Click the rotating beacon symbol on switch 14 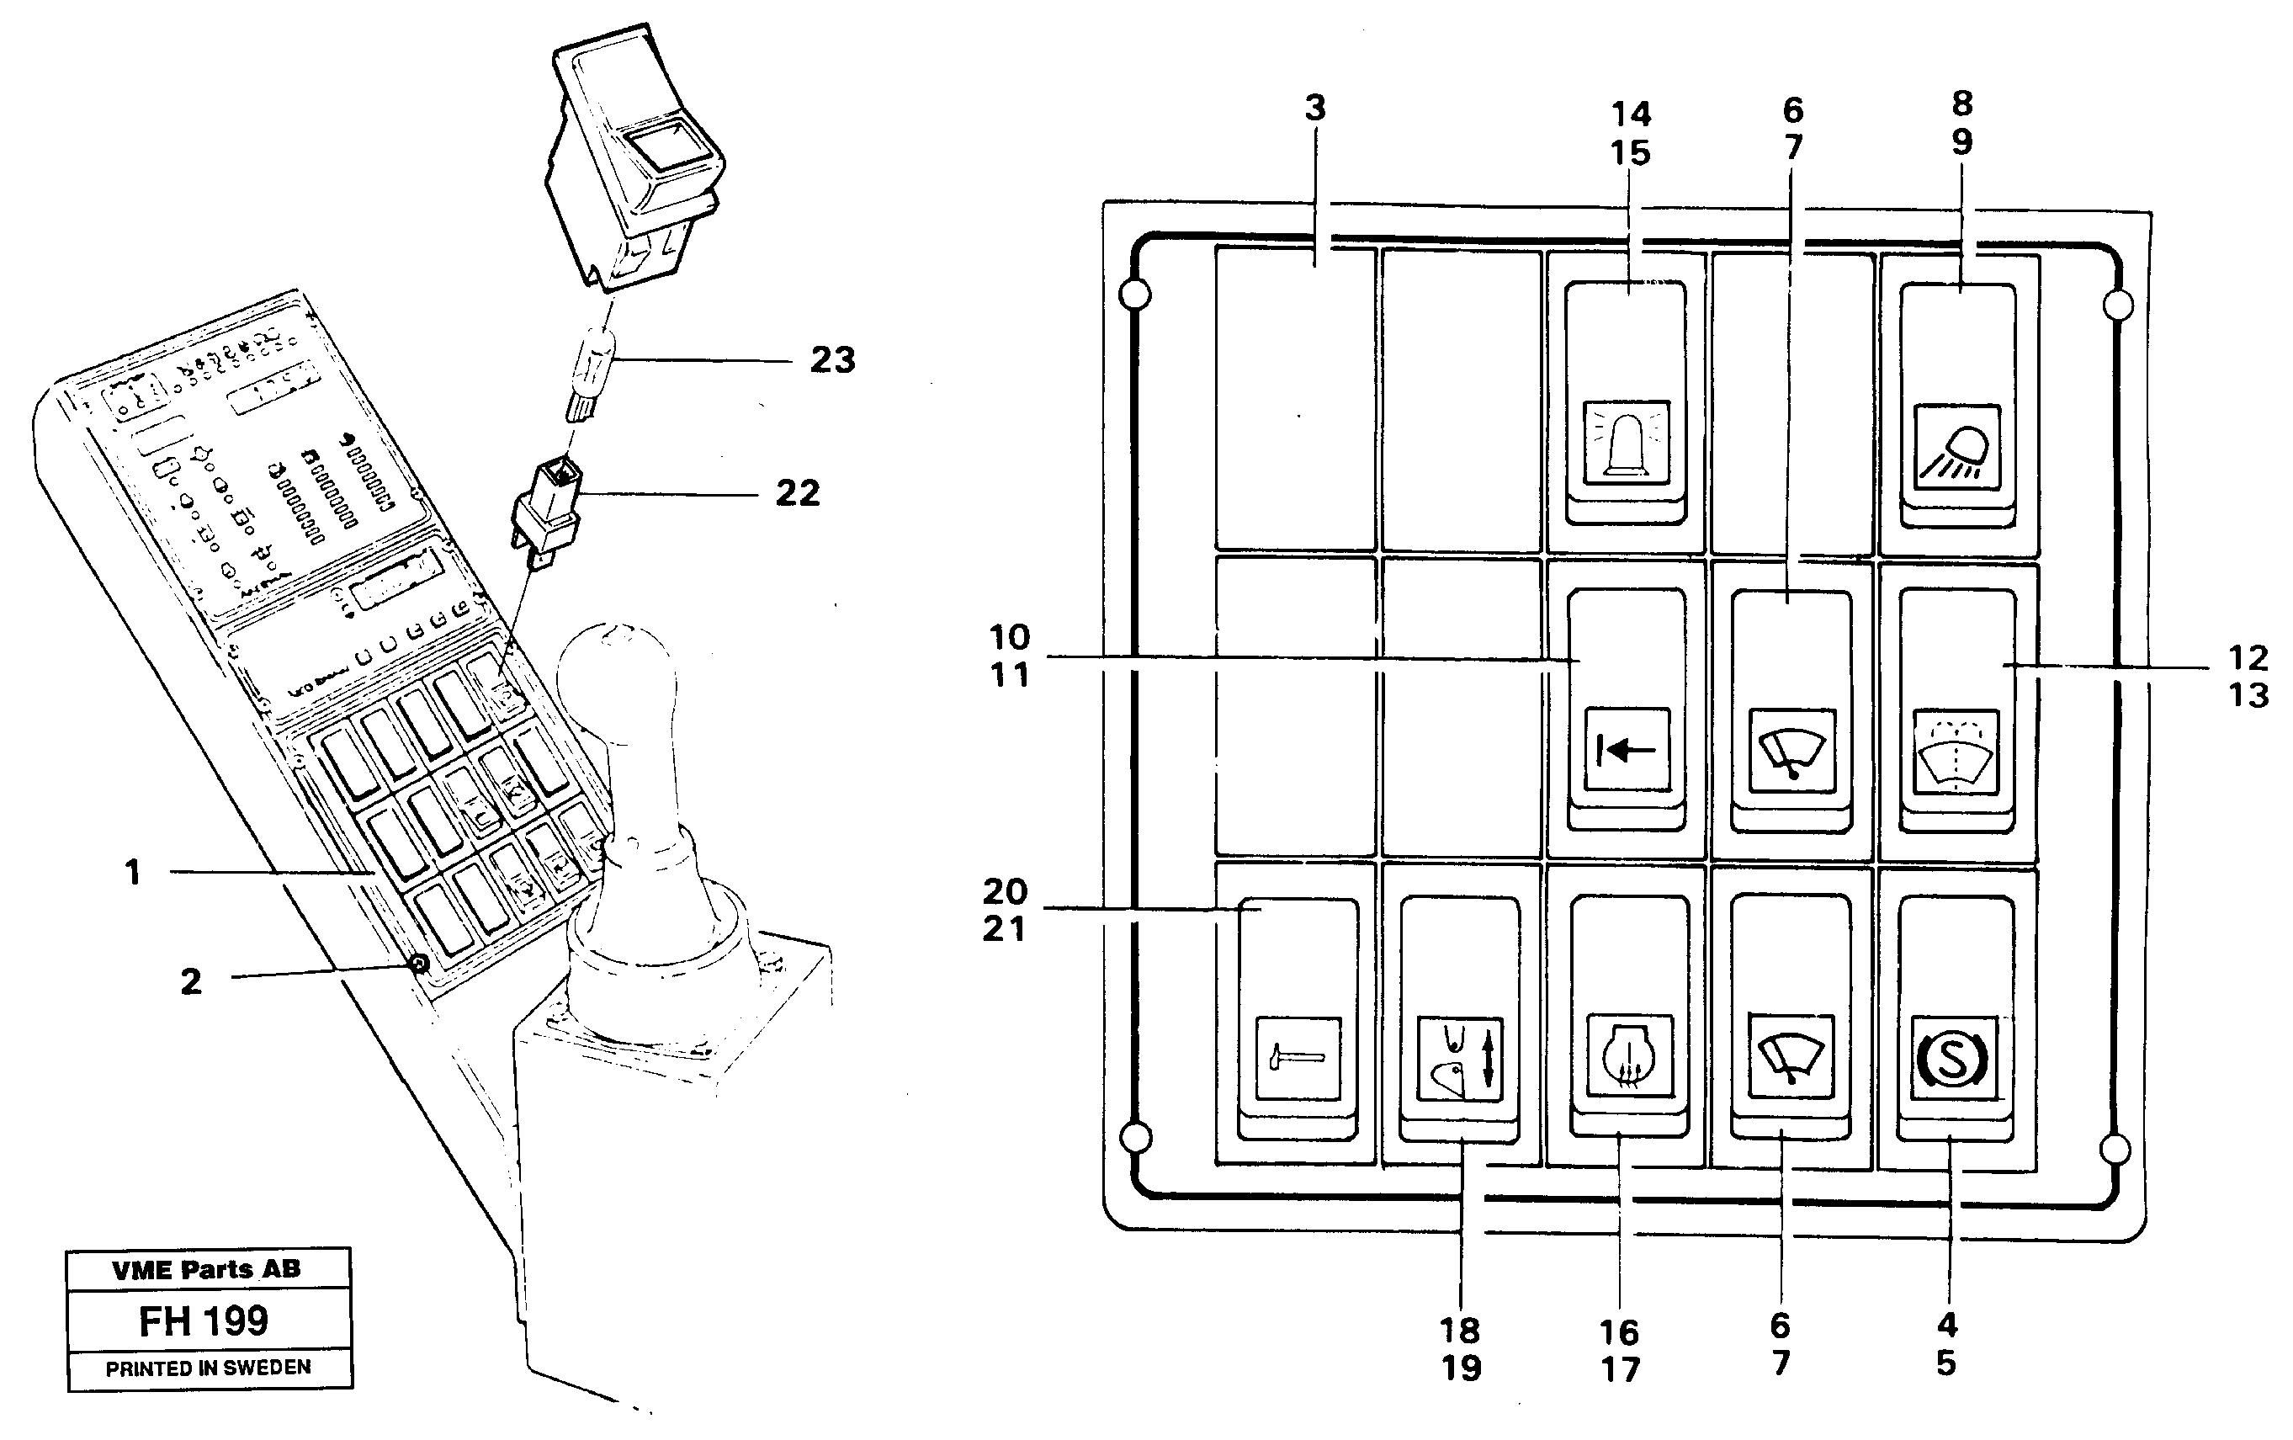(1626, 441)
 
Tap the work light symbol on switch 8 (1958, 447)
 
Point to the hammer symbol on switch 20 (1297, 1058)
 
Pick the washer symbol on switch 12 (1955, 752)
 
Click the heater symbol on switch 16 (1629, 1056)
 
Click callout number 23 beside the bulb (832, 360)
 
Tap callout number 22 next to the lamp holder (797, 493)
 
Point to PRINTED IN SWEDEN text (208, 1368)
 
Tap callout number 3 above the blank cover (1315, 109)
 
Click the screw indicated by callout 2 (418, 964)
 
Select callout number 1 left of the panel (132, 871)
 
